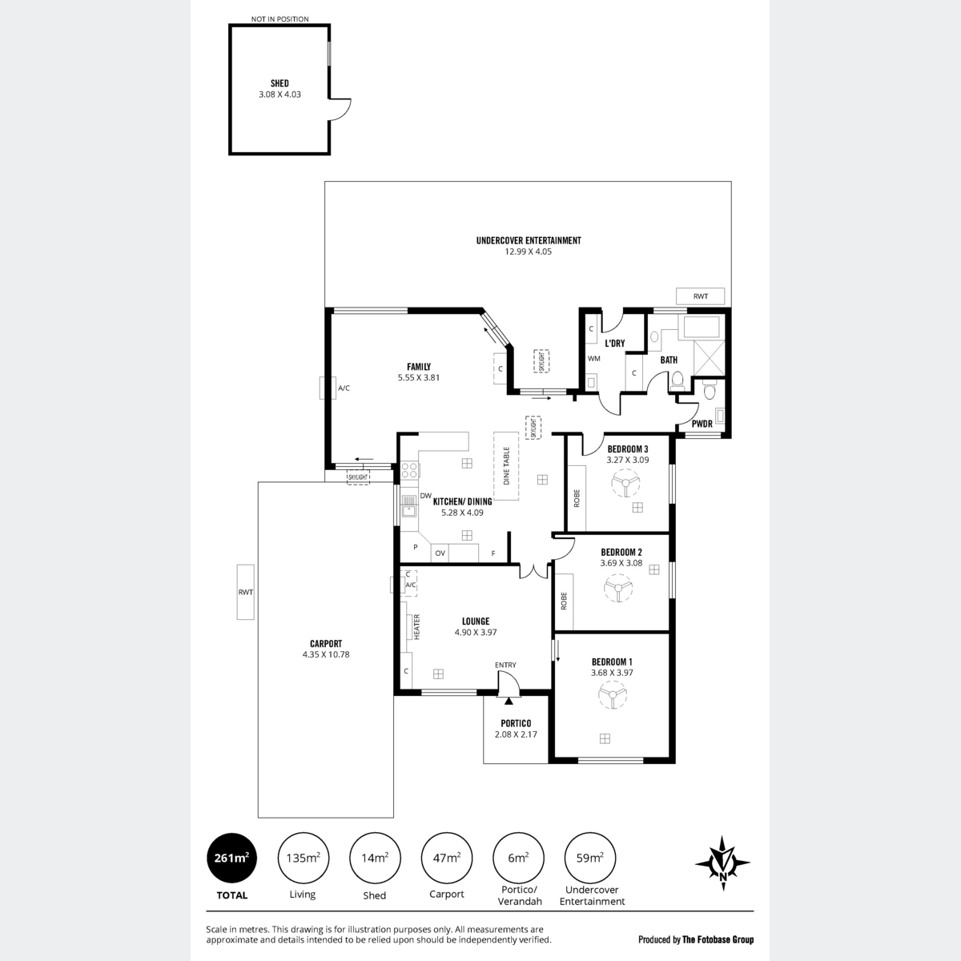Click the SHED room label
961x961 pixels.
coord(279,83)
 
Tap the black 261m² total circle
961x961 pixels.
coord(232,858)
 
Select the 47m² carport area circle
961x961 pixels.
coord(446,858)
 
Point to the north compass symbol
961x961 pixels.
coord(722,862)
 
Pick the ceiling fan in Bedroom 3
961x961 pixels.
coord(625,483)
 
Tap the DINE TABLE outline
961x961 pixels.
coord(506,466)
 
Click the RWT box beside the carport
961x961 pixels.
coord(245,592)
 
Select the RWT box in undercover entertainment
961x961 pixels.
coord(700,296)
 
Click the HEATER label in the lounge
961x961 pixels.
coord(417,627)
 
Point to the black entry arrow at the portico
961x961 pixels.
coord(509,701)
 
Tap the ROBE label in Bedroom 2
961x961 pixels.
coord(564,601)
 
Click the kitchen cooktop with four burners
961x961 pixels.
coord(409,470)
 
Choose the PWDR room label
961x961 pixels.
coord(702,424)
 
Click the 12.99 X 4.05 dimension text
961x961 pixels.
coord(528,251)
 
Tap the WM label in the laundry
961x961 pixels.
coord(594,358)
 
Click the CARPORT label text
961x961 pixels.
coord(326,644)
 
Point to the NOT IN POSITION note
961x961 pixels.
coord(279,19)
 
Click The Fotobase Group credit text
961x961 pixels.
coord(718,939)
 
